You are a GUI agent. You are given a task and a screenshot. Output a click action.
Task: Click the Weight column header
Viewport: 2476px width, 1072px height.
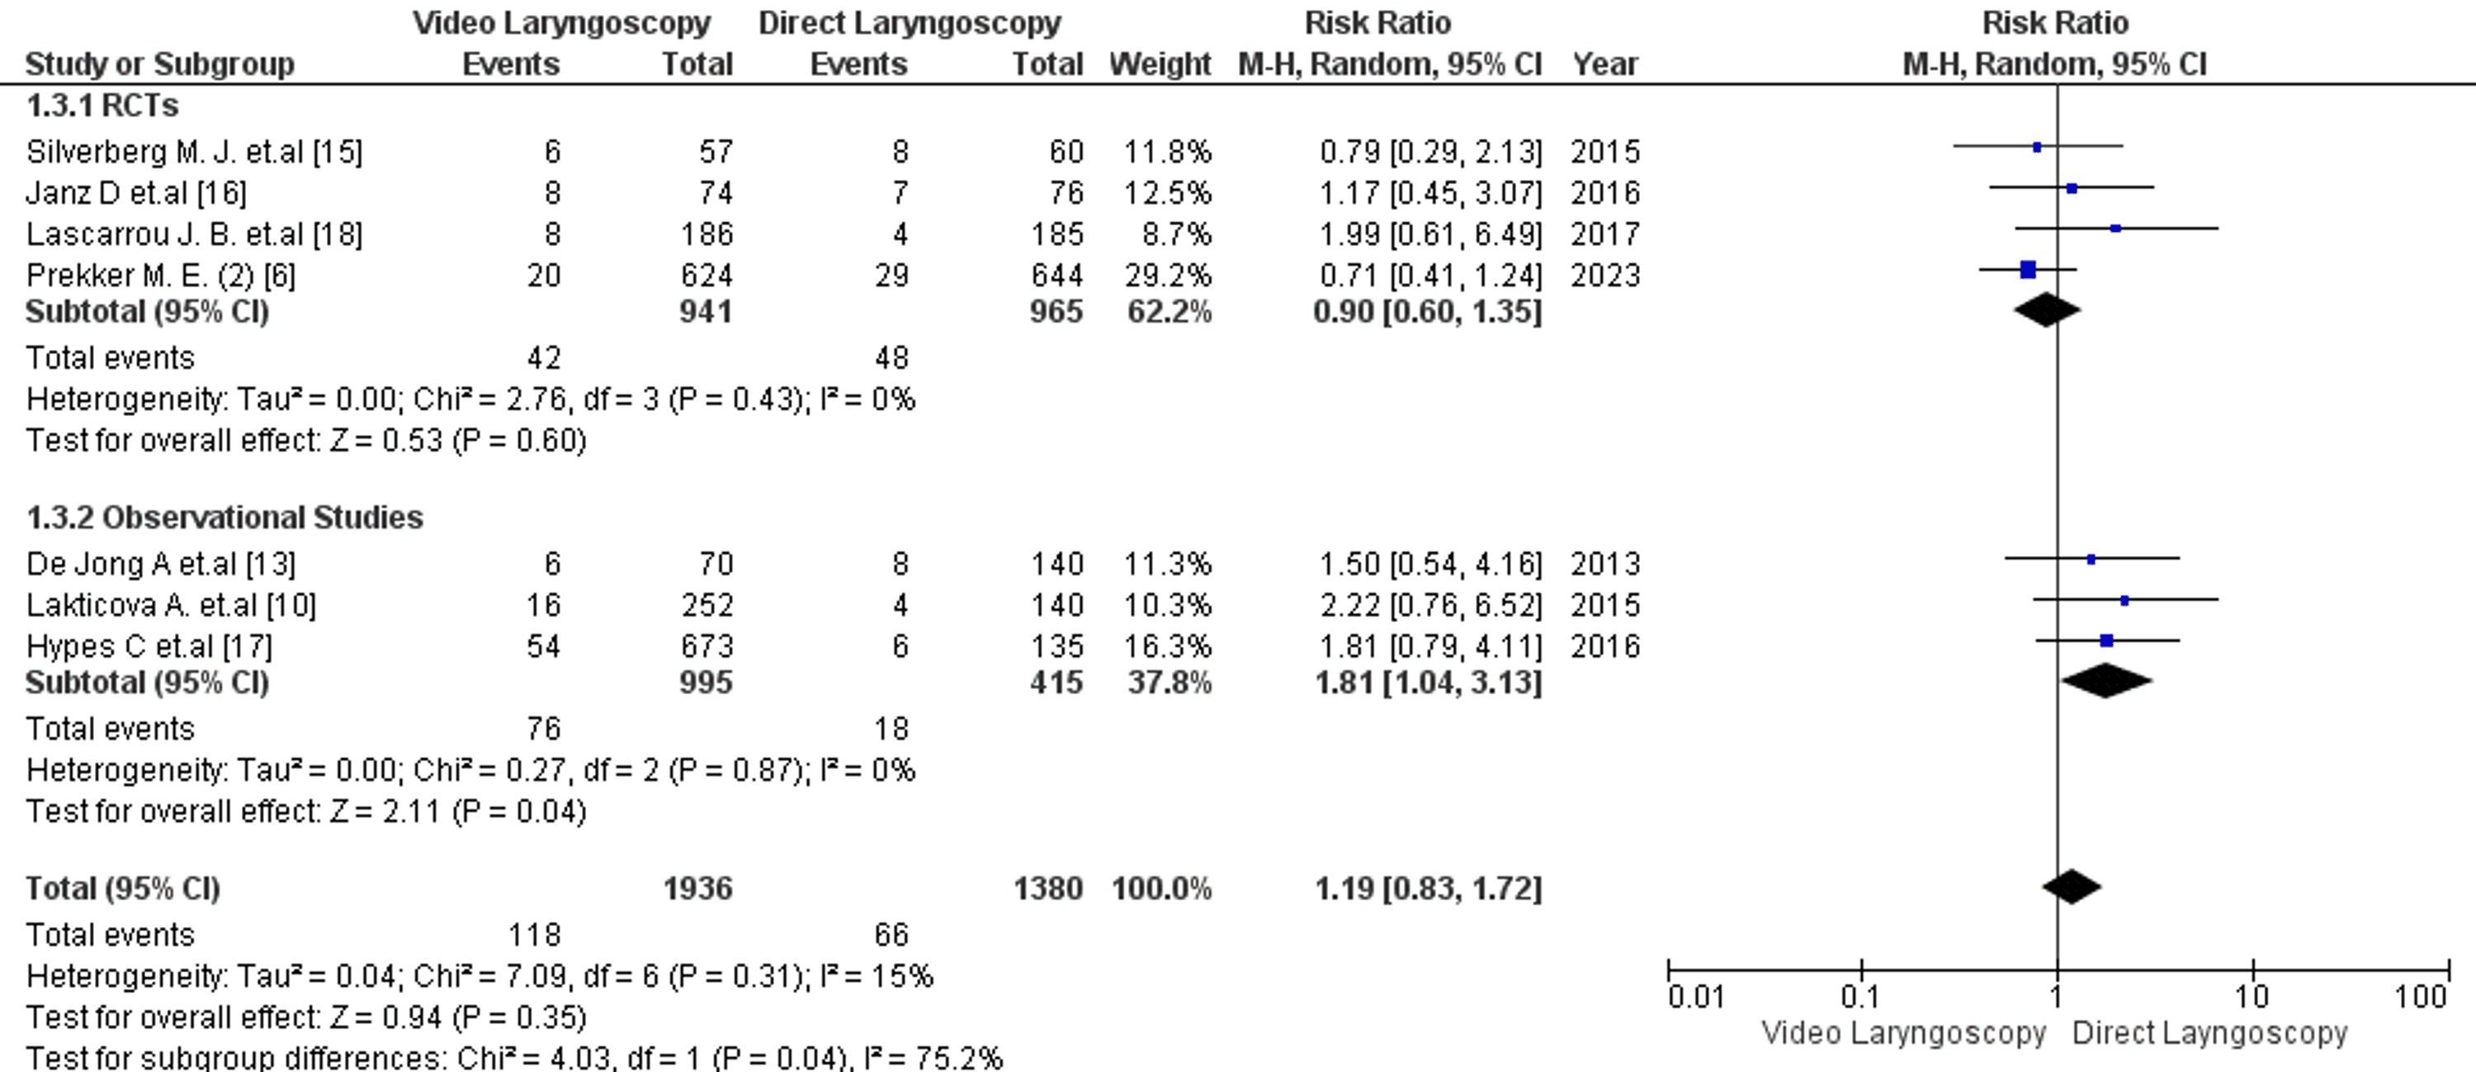click(x=1160, y=64)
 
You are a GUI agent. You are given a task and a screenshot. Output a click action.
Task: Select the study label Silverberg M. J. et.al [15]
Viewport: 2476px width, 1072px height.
click(x=194, y=152)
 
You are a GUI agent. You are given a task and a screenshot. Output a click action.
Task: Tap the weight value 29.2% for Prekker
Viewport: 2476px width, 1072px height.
click(x=1168, y=276)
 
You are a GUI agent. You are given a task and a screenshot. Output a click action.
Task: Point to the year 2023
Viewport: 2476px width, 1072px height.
click(x=1605, y=276)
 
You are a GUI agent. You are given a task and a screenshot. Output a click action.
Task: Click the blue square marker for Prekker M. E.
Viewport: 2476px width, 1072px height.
click(x=2028, y=270)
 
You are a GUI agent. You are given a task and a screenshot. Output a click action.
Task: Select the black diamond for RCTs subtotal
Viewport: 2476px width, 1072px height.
click(x=2046, y=309)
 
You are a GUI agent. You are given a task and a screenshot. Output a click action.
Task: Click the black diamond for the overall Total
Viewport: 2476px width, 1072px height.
click(x=2072, y=886)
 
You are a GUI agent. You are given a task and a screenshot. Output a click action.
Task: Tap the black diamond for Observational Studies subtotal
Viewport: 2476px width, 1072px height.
click(x=2106, y=681)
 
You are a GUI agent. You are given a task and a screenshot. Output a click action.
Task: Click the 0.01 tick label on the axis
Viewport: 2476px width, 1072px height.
click(x=1695, y=997)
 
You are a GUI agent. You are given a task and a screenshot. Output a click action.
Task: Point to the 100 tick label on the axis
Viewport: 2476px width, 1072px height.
click(x=2420, y=997)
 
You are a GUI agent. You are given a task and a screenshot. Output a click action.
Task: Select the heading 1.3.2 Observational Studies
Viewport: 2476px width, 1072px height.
click(x=224, y=517)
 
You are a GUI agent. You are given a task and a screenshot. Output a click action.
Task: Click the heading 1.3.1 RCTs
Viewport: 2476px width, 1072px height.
click(x=102, y=105)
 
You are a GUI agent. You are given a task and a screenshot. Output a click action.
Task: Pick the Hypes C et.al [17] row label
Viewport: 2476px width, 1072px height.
click(x=149, y=646)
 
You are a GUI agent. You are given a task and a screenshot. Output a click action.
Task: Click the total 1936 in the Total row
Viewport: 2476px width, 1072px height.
click(x=697, y=888)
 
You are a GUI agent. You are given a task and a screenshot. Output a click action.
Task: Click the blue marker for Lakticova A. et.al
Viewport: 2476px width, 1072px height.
click(x=2124, y=601)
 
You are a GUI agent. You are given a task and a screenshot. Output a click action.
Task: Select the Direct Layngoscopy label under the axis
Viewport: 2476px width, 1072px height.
click(x=2209, y=1033)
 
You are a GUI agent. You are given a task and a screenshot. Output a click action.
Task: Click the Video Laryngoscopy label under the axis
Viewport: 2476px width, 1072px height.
click(x=1903, y=1033)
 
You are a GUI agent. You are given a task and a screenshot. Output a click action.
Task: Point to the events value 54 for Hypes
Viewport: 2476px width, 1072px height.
click(x=543, y=646)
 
